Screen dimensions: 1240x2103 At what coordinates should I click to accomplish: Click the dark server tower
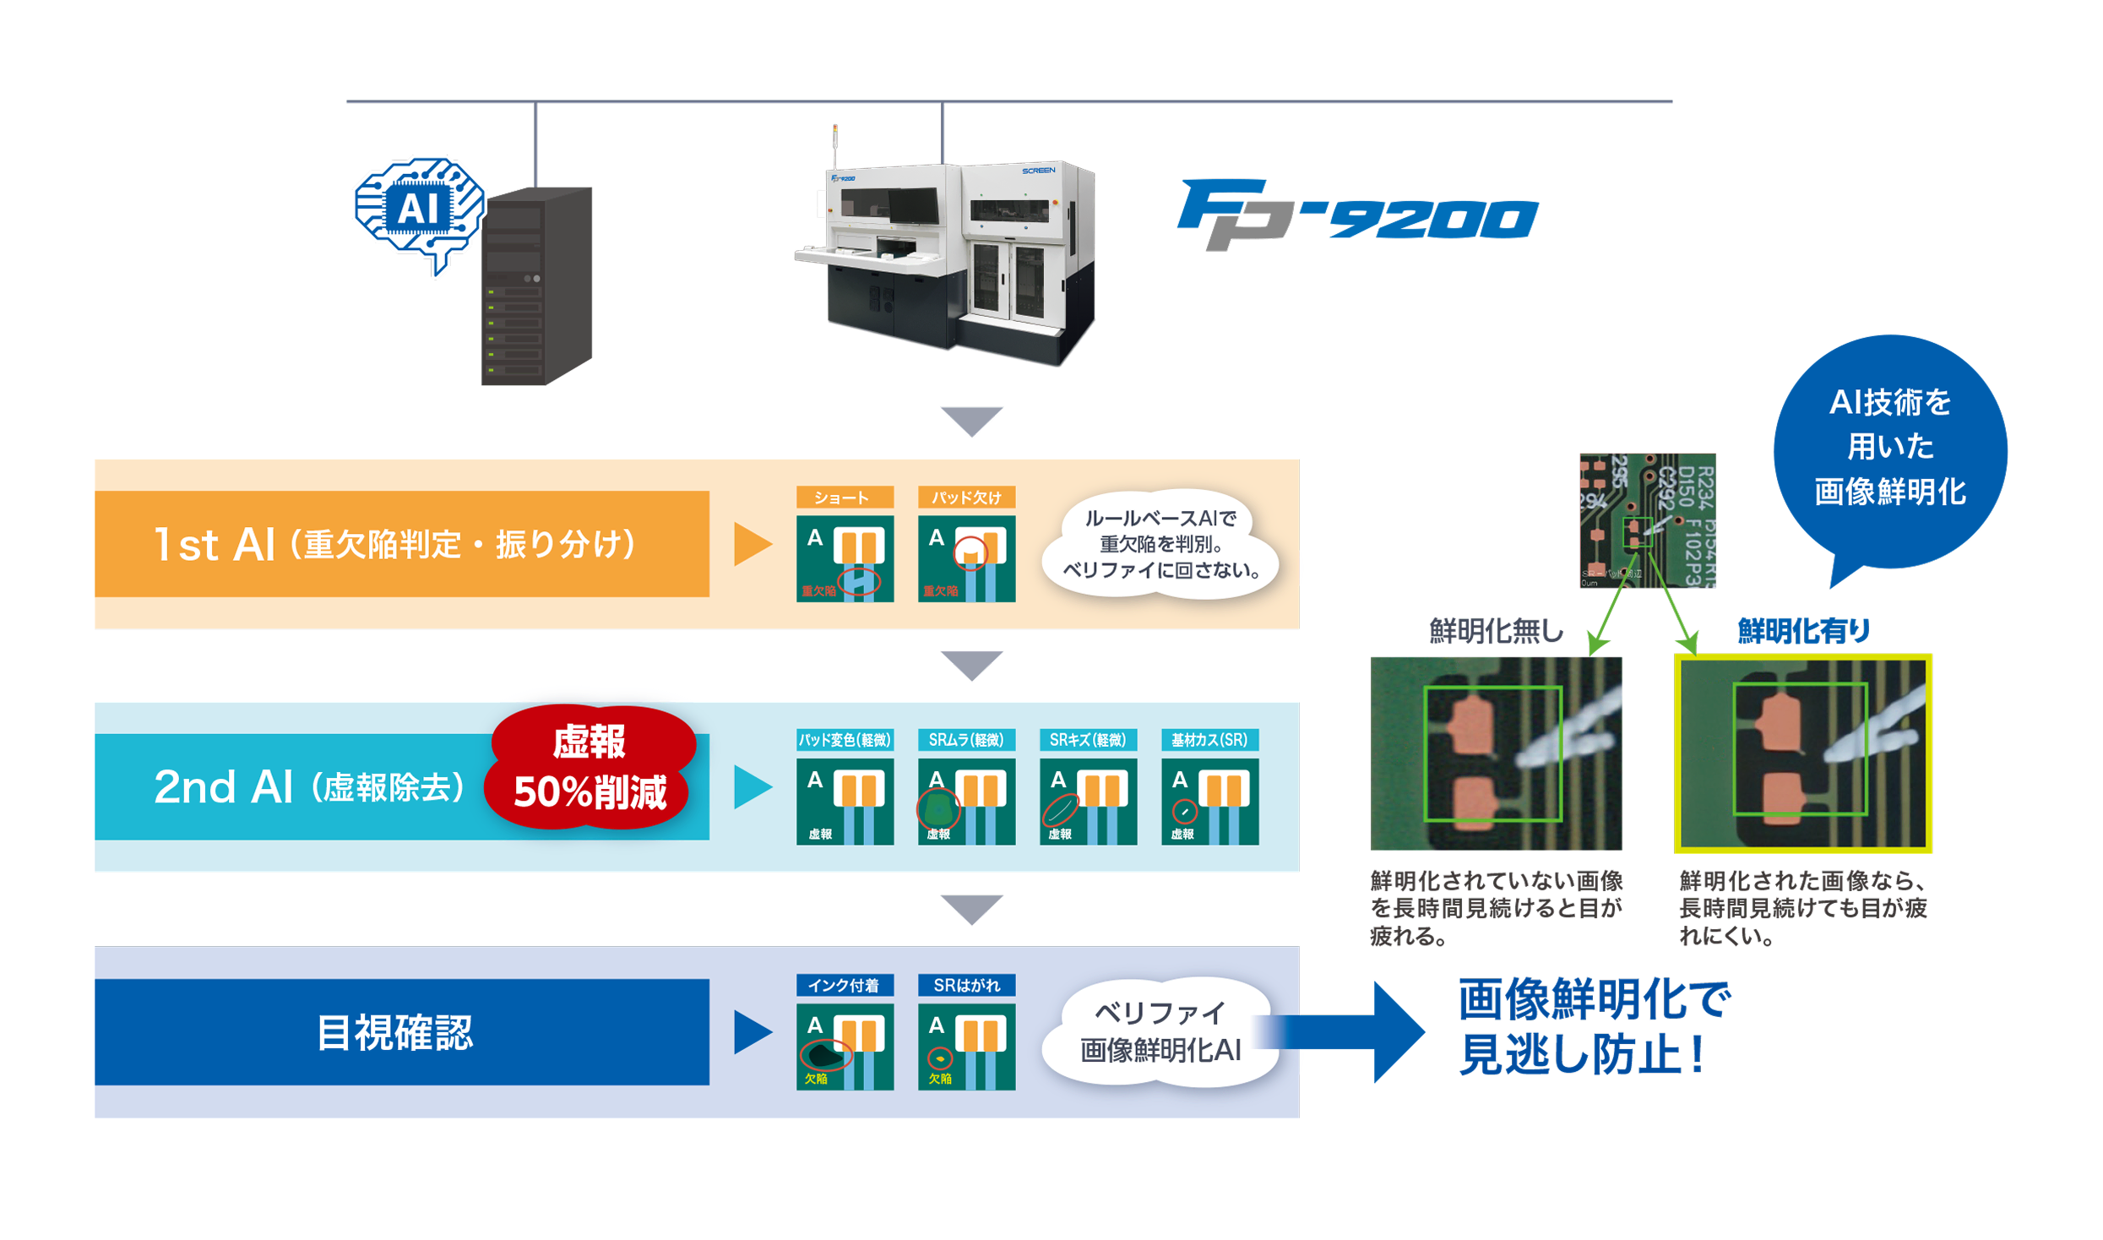[536, 287]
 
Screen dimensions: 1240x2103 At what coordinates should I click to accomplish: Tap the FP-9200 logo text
[1358, 215]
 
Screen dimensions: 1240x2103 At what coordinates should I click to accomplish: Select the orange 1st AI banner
[401, 545]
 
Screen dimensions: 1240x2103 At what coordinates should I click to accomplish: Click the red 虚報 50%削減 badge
[590, 767]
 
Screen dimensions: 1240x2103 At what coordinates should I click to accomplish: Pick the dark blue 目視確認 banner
[401, 1032]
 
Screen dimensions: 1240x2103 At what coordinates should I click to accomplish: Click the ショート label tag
[844, 498]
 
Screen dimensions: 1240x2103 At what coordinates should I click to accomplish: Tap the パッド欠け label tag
[966, 498]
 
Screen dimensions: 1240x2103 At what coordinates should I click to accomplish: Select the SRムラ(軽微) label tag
[966, 740]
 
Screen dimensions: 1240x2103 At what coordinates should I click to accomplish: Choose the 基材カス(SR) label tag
[1209, 740]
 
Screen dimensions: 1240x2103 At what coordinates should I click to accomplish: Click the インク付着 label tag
[844, 985]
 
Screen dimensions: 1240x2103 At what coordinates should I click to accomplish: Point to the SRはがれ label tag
[966, 985]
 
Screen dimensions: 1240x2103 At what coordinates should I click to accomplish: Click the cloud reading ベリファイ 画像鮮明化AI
[1160, 1032]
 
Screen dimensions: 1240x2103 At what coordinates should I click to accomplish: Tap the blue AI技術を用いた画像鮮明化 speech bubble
[1890, 448]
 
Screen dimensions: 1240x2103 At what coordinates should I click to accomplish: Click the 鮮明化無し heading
[1496, 631]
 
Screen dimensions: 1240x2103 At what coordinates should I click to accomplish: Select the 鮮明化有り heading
[1803, 631]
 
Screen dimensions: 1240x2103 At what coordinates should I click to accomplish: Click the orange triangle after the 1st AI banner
[752, 545]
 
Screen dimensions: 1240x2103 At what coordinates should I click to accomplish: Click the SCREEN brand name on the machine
[1038, 171]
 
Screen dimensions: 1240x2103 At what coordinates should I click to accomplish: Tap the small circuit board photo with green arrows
[1647, 520]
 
